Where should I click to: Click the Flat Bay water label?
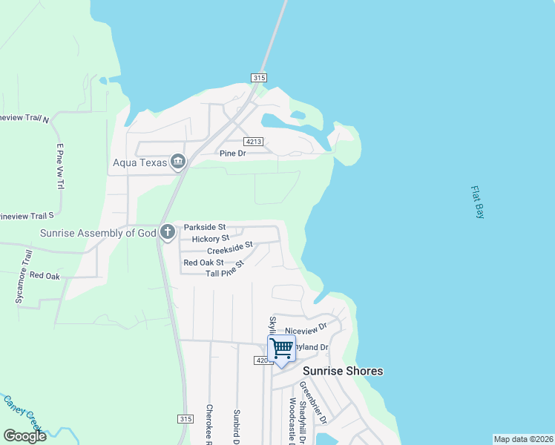click(477, 202)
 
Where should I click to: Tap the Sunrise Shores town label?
click(342, 371)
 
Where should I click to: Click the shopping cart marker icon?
click(281, 349)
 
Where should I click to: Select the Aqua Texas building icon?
click(178, 162)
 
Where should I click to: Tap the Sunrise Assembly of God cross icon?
click(168, 233)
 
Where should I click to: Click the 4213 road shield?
click(254, 141)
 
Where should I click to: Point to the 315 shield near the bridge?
click(258, 78)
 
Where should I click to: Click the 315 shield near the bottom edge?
click(185, 418)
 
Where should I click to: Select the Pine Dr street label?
click(232, 154)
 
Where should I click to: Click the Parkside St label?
click(204, 227)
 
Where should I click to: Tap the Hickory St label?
click(210, 239)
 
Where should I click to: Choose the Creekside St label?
click(230, 248)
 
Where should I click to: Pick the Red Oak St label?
click(203, 263)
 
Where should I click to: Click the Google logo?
click(24, 435)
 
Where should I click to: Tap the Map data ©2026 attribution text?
click(523, 439)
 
